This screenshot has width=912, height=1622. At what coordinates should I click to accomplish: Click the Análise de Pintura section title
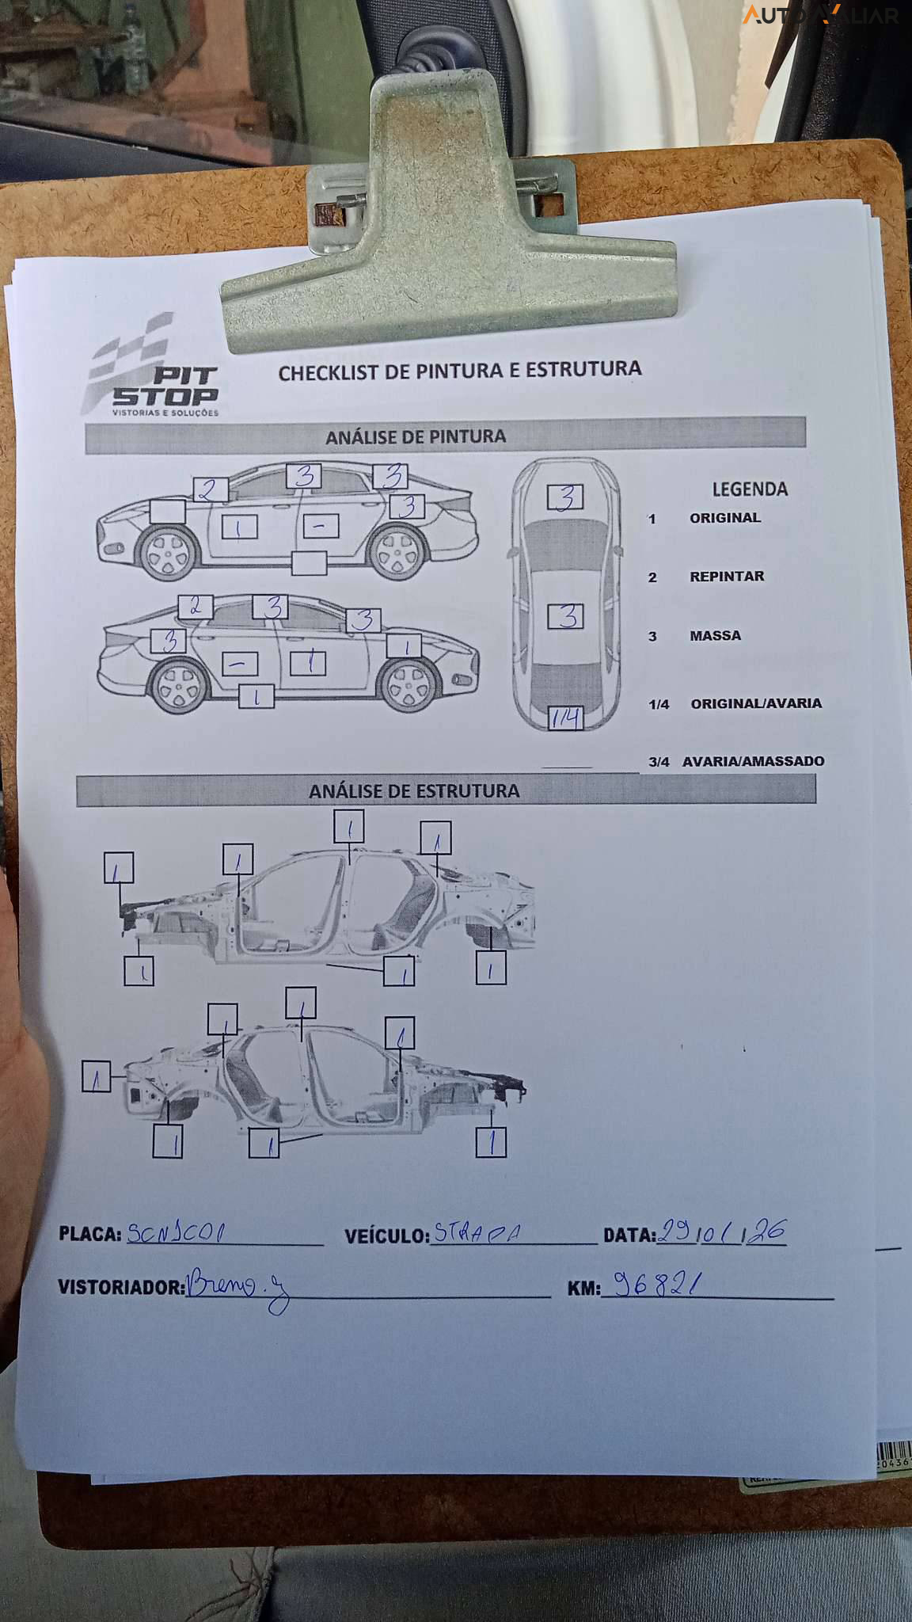click(415, 436)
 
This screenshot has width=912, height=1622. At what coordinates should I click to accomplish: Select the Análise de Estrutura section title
click(414, 790)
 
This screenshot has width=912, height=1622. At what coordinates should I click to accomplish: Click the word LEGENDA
click(750, 489)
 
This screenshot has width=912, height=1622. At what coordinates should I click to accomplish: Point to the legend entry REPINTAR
click(726, 577)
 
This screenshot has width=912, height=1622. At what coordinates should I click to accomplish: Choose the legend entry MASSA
click(715, 636)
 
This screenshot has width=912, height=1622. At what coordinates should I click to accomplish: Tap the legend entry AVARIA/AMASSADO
click(752, 761)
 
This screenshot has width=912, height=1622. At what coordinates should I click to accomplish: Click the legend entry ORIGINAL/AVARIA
click(755, 703)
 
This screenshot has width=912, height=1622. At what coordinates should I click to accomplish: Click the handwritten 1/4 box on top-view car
click(565, 718)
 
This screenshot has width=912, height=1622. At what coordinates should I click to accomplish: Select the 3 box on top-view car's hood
click(565, 497)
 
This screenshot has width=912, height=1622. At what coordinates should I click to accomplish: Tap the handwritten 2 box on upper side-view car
click(209, 489)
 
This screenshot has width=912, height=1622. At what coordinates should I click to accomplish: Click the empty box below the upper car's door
click(309, 563)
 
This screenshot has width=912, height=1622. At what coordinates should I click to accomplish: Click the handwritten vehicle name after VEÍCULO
click(477, 1233)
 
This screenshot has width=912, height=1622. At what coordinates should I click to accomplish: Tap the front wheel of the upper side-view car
click(166, 551)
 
